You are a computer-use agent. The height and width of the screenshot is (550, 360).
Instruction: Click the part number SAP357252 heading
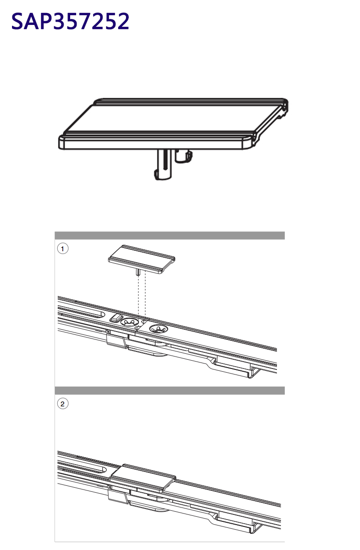[x=70, y=21]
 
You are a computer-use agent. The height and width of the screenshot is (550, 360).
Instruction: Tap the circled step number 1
[x=63, y=249]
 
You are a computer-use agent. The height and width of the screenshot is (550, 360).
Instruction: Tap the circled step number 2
[x=63, y=404]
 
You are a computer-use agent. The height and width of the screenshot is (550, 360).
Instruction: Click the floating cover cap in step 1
[x=142, y=259]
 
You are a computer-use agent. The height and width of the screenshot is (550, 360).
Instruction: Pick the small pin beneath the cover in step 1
[x=138, y=272]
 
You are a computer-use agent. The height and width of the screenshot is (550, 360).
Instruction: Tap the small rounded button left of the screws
[x=115, y=317]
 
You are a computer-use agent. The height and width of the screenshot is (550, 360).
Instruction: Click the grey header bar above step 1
[x=170, y=236]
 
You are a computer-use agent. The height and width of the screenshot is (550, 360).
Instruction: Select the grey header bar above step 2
[x=170, y=390]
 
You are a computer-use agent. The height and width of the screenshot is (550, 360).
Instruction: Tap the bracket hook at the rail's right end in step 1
[x=253, y=373]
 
